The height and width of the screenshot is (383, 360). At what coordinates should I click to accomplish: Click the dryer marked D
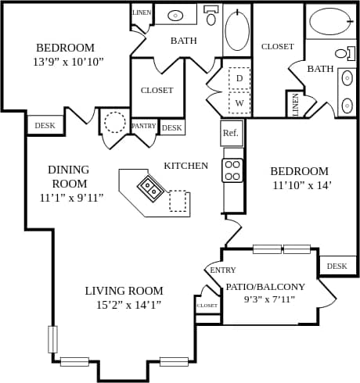click(239, 78)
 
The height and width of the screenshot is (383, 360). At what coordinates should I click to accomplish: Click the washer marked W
click(239, 102)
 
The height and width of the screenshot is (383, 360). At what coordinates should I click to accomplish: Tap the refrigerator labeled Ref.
click(231, 133)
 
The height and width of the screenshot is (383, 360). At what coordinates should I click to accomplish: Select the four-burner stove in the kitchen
click(232, 170)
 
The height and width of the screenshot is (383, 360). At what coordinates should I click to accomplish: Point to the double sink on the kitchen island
click(150, 187)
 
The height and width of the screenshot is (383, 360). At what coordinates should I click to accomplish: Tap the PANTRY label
click(143, 126)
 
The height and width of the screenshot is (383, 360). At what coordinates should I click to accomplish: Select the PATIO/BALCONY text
click(265, 287)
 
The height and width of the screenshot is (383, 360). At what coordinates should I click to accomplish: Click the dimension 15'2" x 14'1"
click(124, 305)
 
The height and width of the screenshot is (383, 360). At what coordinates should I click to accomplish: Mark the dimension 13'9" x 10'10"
click(68, 62)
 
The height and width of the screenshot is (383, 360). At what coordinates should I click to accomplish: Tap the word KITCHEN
click(185, 166)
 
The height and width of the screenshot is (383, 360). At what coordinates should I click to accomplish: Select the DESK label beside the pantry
click(171, 127)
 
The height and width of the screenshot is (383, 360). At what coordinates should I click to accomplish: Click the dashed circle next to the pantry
click(115, 123)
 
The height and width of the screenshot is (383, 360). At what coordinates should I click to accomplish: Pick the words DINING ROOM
click(69, 176)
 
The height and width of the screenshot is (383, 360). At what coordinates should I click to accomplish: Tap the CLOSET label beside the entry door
click(207, 306)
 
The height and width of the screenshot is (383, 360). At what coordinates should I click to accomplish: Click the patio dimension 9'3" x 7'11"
click(269, 299)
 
